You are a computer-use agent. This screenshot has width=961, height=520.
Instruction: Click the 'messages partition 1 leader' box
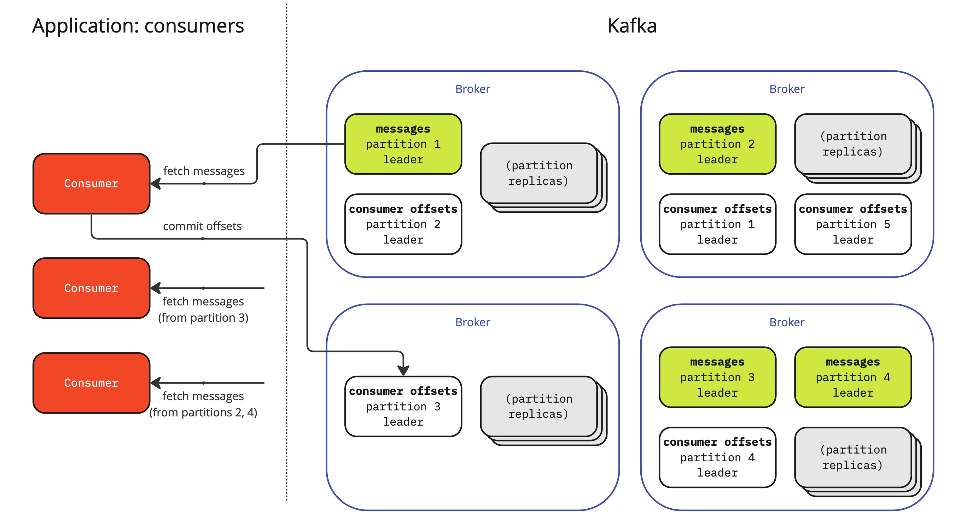[x=403, y=144]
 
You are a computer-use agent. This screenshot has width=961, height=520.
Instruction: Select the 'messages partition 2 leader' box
[x=717, y=144]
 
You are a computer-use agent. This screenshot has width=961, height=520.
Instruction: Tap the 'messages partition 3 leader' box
[x=717, y=377]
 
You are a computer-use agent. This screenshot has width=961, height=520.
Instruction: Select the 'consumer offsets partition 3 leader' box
[x=403, y=406]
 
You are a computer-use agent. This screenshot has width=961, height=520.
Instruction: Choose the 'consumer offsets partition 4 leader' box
[x=717, y=457]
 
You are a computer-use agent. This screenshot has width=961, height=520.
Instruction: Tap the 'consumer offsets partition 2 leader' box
[x=403, y=224]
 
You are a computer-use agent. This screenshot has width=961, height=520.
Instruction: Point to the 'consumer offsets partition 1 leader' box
[x=717, y=224]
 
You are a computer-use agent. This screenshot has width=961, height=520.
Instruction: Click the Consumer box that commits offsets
[x=92, y=183]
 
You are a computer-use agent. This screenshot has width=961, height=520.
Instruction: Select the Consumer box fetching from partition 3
[x=92, y=288]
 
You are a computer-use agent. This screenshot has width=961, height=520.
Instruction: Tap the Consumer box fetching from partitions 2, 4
[x=92, y=383]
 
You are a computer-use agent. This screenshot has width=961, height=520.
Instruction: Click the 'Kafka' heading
[x=631, y=26]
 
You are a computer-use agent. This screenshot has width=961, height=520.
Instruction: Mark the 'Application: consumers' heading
[x=138, y=26]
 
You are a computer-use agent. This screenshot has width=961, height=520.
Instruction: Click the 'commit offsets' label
[x=202, y=226]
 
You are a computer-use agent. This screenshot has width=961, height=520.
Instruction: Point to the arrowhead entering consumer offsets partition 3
[x=403, y=370]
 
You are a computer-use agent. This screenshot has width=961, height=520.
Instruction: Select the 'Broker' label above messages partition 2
[x=786, y=89]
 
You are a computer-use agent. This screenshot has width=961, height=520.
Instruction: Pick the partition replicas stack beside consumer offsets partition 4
[x=853, y=458]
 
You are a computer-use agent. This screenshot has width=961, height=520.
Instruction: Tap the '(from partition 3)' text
[x=203, y=317]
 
